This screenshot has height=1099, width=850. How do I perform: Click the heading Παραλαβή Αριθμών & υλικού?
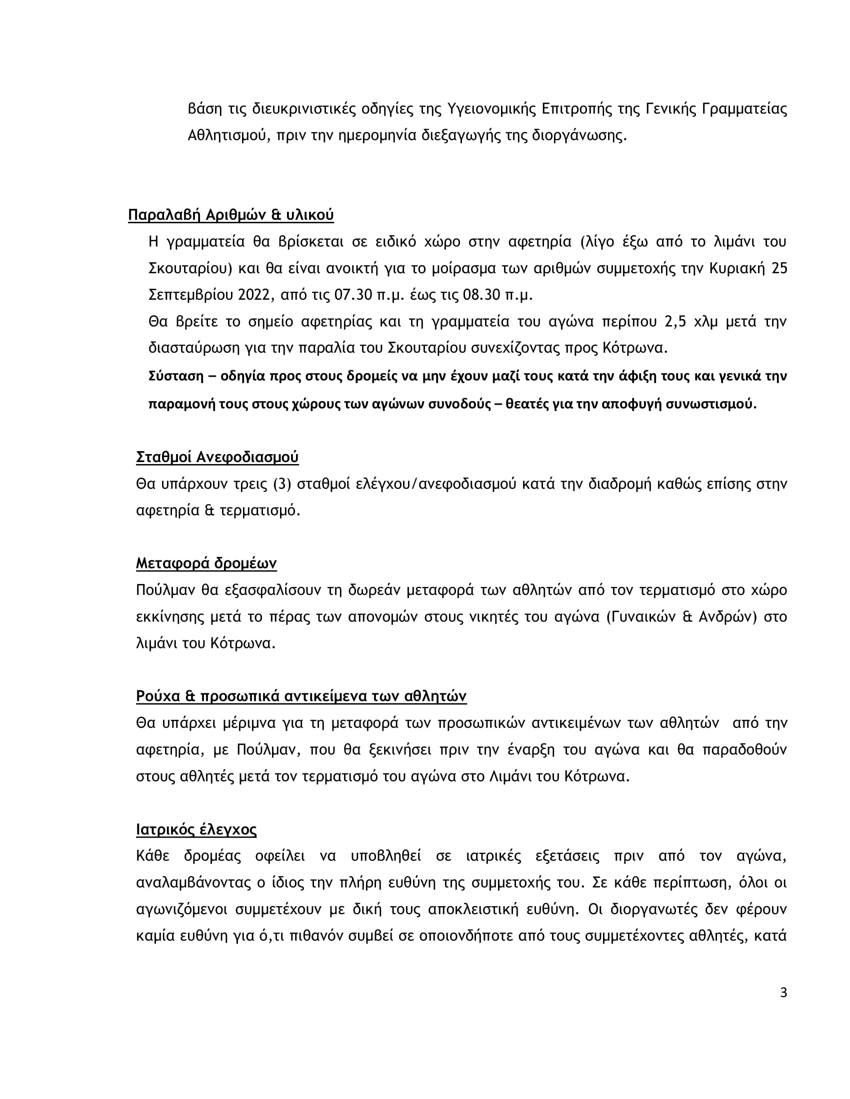(230, 215)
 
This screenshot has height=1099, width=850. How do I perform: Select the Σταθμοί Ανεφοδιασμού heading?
(217, 458)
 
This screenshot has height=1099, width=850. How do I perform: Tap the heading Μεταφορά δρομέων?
(206, 563)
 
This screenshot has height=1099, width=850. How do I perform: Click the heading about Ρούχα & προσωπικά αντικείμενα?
(301, 696)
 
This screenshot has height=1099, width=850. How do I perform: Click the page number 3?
(783, 993)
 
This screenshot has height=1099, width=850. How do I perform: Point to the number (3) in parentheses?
(282, 485)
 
